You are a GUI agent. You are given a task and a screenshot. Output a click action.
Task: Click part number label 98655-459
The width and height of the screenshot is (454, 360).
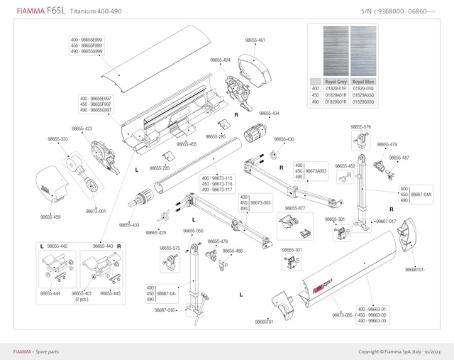tap(50, 217)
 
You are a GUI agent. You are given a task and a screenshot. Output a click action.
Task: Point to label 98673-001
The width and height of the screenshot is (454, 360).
tap(96, 211)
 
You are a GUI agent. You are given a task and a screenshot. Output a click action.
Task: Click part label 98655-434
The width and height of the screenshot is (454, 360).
tap(269, 114)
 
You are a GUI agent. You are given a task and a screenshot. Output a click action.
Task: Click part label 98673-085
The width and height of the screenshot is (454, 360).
tap(343, 315)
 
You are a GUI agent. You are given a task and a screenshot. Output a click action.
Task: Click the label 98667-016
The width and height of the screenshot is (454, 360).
tap(165, 310)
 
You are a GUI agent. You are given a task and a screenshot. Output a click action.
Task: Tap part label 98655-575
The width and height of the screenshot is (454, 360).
tap(170, 248)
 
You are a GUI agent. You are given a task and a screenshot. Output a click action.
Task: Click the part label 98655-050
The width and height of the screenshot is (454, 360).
tap(193, 231)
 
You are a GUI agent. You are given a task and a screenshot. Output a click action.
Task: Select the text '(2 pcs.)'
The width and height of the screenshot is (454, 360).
tap(82, 299)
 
